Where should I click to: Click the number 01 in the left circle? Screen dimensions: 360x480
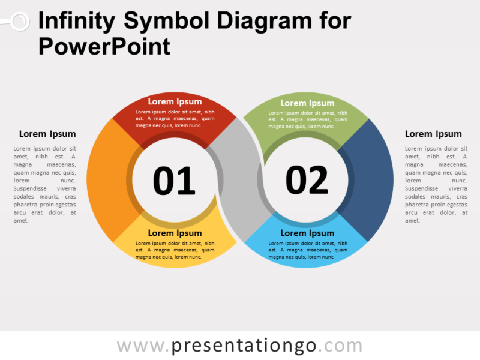coord(174,181)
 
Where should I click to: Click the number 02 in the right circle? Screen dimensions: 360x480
coord(307,180)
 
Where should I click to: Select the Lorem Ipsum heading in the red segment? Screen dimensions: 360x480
coord(175,101)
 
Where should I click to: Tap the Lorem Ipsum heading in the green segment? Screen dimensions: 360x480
coord(307,103)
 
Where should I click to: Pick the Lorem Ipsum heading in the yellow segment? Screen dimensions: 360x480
coord(175,233)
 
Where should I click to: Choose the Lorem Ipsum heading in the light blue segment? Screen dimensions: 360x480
coord(307,233)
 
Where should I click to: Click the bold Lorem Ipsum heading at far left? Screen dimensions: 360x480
coord(47,134)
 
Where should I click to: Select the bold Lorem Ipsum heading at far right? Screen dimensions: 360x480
coord(433,134)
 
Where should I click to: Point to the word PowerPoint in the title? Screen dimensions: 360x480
coord(104,46)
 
